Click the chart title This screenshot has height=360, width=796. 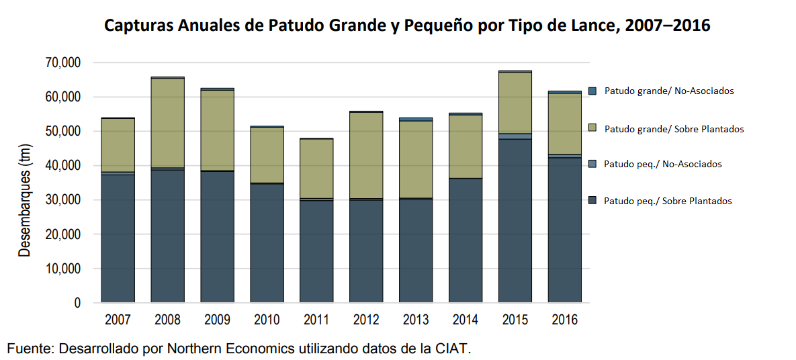tap(406, 26)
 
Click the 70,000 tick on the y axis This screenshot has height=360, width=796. tap(62, 63)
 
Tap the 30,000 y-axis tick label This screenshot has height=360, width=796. tap(62, 200)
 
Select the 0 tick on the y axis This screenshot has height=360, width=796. tap(77, 304)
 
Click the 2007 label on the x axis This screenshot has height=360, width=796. tap(118, 320)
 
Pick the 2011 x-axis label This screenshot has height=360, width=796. tap(316, 320)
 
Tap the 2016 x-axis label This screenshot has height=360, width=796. tap(564, 320)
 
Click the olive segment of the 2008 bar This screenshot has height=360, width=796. tap(167, 123)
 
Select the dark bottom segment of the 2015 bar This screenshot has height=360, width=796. tap(515, 221)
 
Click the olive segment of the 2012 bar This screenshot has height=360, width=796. tap(366, 155)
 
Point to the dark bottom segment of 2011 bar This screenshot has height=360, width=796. tap(316, 251)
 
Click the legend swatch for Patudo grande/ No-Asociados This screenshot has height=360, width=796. tap(592, 91)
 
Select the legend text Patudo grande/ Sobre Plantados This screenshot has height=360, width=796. tap(674, 129)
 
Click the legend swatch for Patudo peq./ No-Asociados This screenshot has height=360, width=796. tap(592, 164)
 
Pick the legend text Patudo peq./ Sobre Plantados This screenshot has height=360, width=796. tap(668, 201)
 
